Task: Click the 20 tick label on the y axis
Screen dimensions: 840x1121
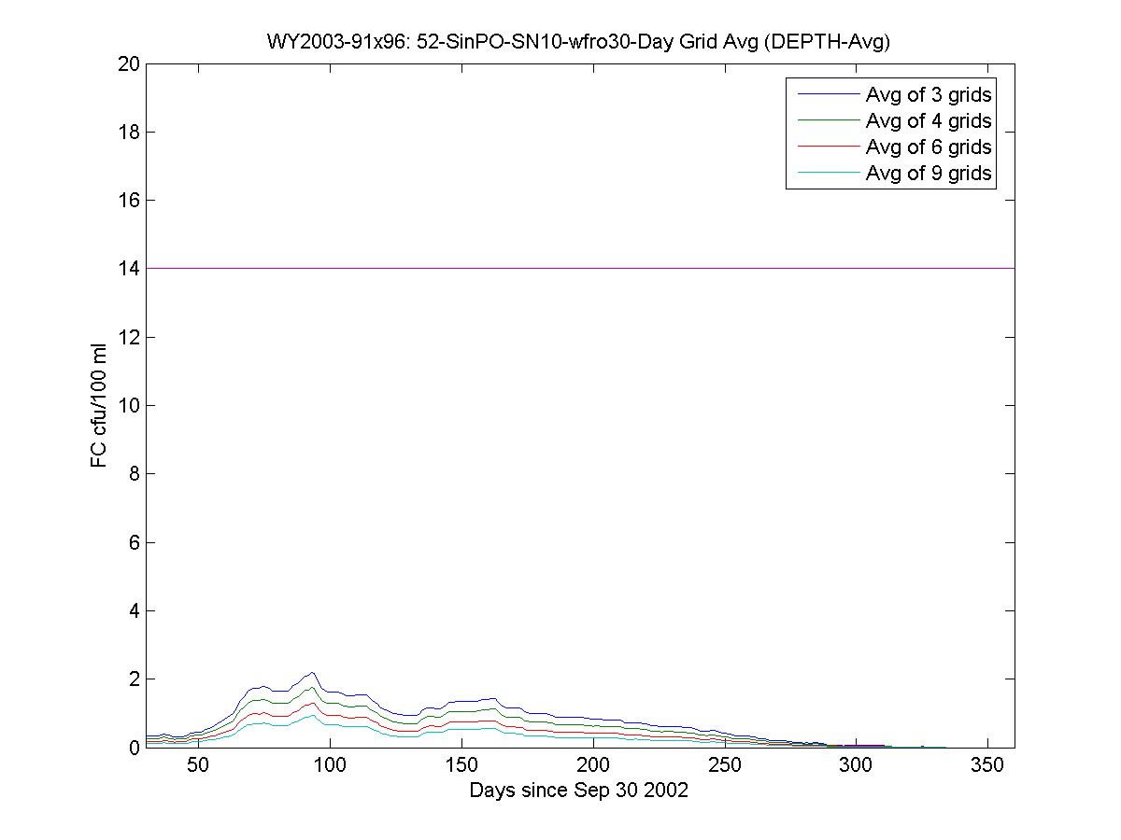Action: (127, 64)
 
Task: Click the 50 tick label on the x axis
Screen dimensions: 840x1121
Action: (198, 766)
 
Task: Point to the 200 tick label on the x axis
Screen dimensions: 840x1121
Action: (593, 766)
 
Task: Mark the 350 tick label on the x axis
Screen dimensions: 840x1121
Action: (988, 766)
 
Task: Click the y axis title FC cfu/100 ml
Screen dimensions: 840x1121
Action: (99, 405)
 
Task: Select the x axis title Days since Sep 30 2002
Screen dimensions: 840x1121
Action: (579, 791)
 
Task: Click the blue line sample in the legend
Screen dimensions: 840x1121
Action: (826, 94)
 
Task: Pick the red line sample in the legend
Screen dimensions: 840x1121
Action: (826, 147)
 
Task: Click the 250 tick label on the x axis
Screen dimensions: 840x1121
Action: (725, 766)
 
